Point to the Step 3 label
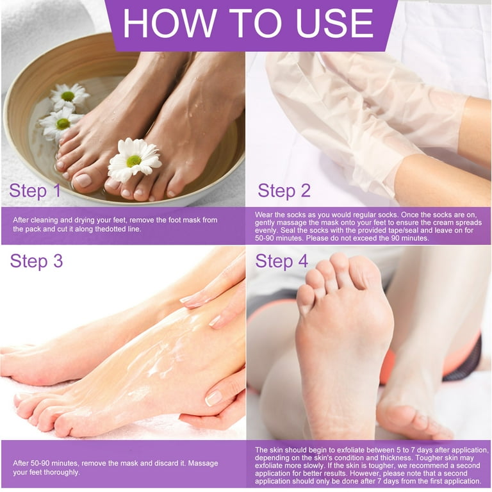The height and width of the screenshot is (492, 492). tap(37, 261)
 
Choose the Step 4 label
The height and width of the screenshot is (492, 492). tap(282, 261)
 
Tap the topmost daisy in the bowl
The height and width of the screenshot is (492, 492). tap(69, 96)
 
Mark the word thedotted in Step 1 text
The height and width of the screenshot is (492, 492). tap(118, 229)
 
